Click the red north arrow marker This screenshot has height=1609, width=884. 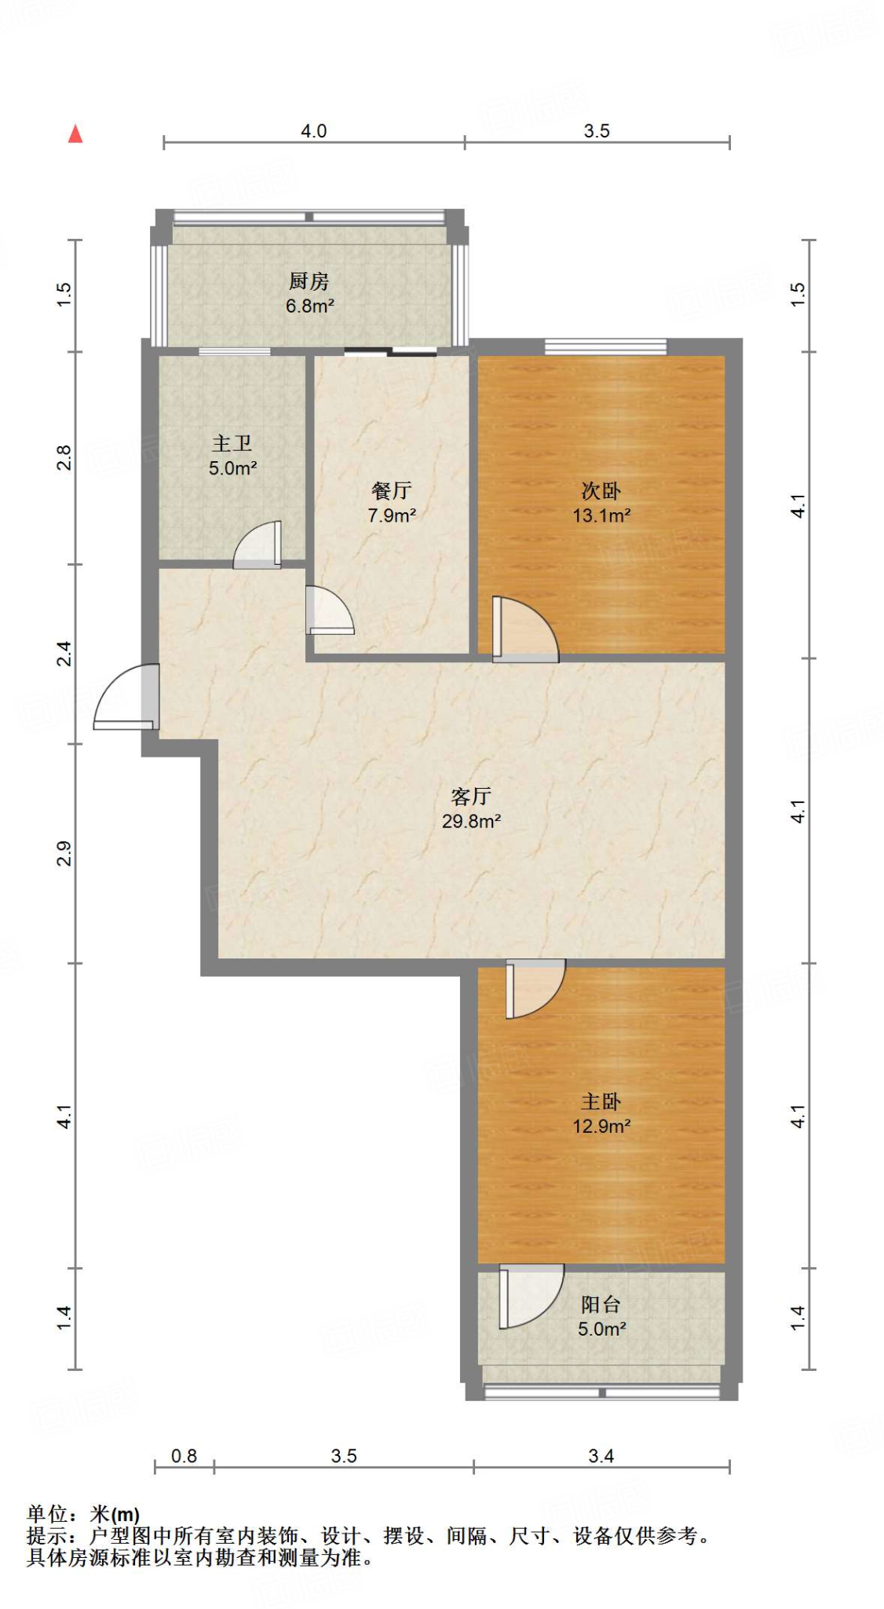coord(75,134)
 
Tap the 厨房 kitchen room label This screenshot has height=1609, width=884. coord(309,281)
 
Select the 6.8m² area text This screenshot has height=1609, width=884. coord(309,306)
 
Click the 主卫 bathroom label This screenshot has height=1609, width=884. coord(232,444)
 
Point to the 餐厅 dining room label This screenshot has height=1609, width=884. coord(392,491)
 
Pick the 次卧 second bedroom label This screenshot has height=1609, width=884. coord(601,491)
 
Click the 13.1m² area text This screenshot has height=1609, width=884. coord(601,516)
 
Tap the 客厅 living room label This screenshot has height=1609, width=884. coord(471,797)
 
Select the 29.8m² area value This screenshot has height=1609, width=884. coord(471,822)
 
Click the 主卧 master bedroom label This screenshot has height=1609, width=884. coord(601,1101)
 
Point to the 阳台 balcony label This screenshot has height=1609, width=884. coord(601,1304)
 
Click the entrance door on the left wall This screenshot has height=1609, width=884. coord(127,697)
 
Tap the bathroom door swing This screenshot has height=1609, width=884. coord(257,544)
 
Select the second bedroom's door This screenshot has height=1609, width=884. coord(525,629)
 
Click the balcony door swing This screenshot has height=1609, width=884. coord(531,1296)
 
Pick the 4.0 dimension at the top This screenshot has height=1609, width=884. coord(314,131)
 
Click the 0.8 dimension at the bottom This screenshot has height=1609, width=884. coord(184,1456)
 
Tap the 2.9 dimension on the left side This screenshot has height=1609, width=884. coord(64,853)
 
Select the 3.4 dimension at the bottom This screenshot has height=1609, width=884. coord(601,1456)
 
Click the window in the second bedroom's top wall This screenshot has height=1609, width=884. coord(606,346)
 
